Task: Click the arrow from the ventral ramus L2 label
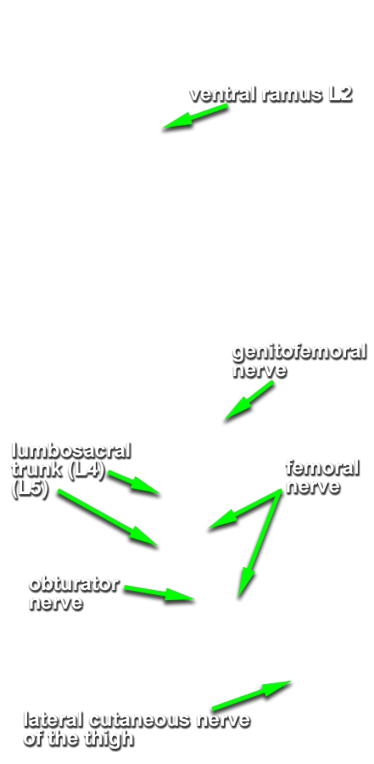click(x=195, y=116)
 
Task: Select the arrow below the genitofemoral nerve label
click(x=248, y=401)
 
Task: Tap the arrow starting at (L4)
click(x=134, y=482)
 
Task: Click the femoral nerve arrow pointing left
click(x=245, y=508)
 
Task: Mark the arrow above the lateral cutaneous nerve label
click(x=251, y=695)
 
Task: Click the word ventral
click(x=224, y=94)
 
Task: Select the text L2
click(x=339, y=94)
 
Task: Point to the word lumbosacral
click(x=71, y=450)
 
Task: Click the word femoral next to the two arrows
click(x=322, y=469)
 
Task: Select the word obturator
click(x=74, y=584)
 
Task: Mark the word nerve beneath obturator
click(x=55, y=604)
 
